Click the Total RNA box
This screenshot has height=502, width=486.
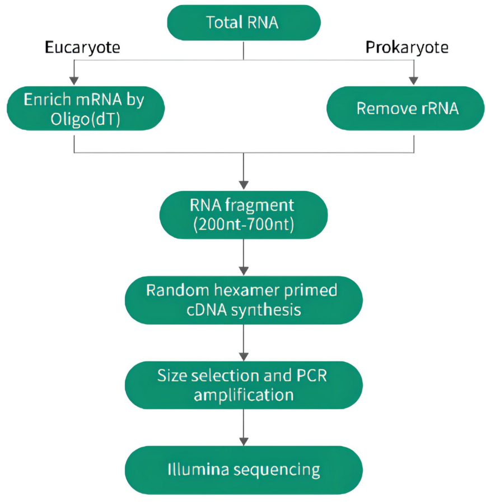point(243,24)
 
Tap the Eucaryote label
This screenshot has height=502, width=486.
point(82,48)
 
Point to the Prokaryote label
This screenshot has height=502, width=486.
point(407,48)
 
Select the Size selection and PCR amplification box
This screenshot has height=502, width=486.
point(243,384)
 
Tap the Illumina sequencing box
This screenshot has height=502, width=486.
point(243,469)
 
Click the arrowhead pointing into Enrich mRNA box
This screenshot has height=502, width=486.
point(74,79)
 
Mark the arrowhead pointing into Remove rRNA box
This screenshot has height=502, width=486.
point(414,79)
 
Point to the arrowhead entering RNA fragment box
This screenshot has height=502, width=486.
point(243,184)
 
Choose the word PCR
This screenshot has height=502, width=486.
point(311,375)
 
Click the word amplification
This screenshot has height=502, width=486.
point(243,395)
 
